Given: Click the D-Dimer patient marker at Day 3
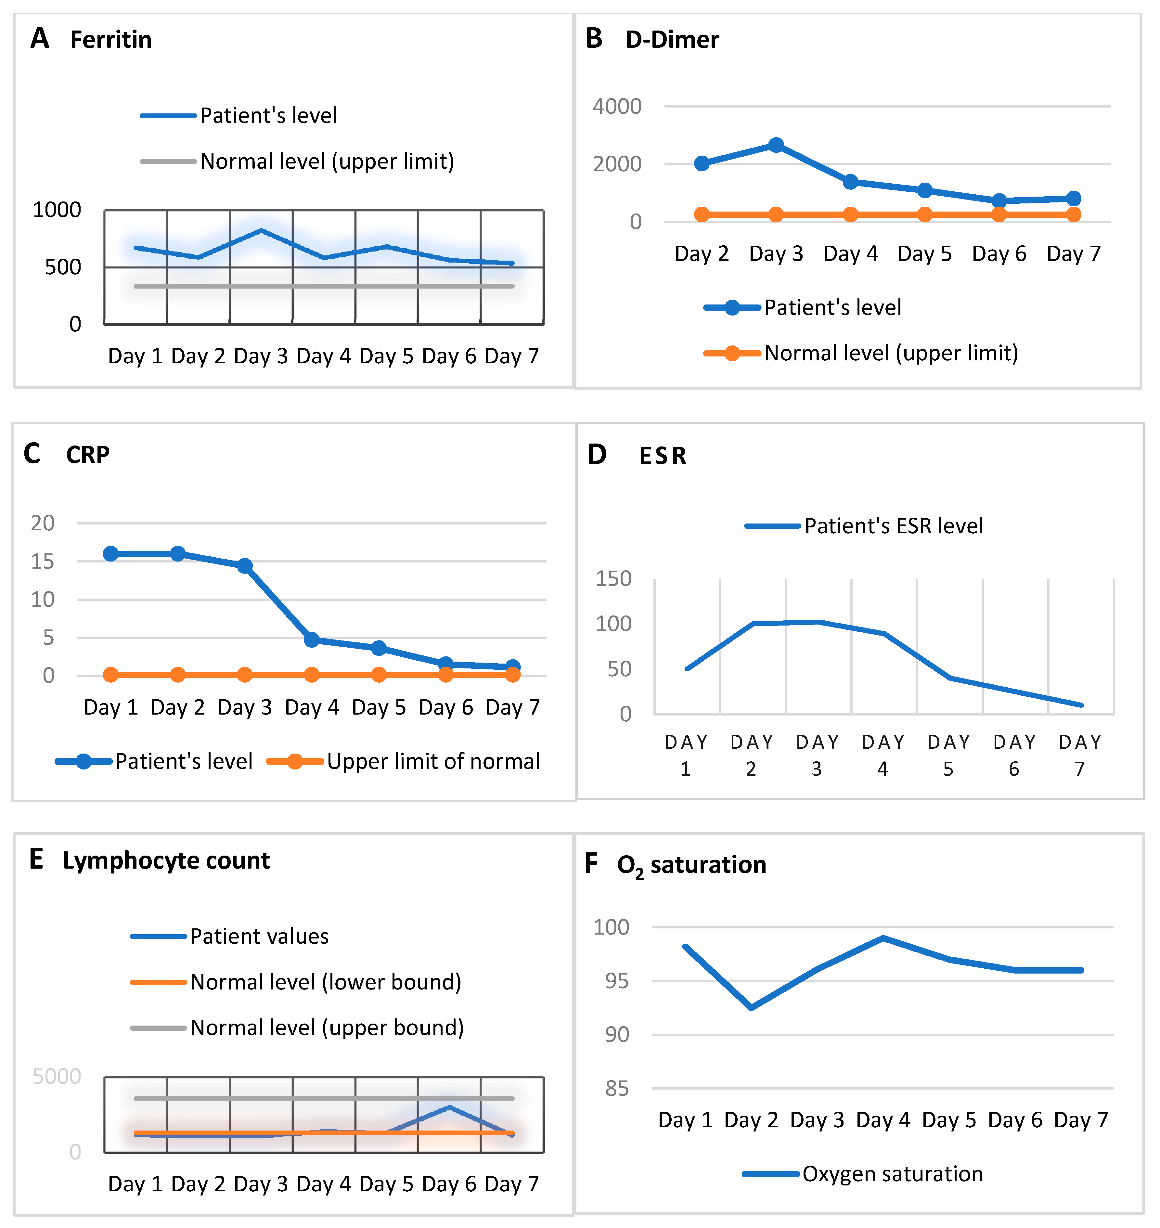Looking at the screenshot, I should tap(776, 145).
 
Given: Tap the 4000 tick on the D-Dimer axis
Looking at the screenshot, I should tap(617, 106).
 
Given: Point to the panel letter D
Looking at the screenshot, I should tap(597, 455).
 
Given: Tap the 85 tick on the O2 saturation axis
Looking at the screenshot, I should tap(617, 1089).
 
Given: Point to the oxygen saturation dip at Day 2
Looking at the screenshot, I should tap(751, 1008).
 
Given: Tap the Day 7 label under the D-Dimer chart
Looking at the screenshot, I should tap(1074, 253).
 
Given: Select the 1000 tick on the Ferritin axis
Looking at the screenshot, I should tap(57, 210).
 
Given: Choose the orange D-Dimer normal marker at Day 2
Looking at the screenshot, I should tap(702, 214).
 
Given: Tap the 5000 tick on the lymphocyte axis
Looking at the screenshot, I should tap(57, 1077).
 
